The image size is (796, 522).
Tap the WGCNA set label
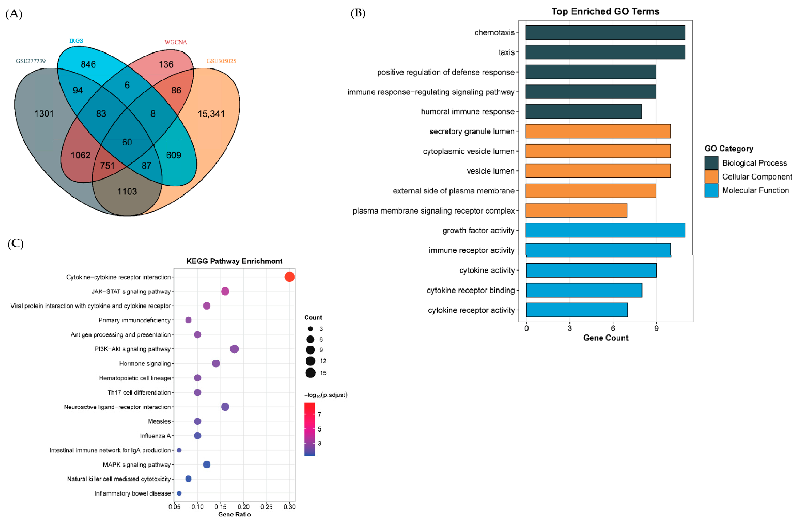[x=176, y=42]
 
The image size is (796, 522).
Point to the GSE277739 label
[x=31, y=61]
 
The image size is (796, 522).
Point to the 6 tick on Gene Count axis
[x=613, y=328]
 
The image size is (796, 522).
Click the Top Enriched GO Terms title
[x=605, y=11]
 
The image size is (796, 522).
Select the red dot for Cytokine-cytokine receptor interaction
[x=289, y=277]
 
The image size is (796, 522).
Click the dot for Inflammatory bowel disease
[x=179, y=493]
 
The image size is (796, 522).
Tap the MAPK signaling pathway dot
[x=207, y=464]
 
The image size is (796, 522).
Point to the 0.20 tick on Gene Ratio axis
[x=243, y=507]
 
